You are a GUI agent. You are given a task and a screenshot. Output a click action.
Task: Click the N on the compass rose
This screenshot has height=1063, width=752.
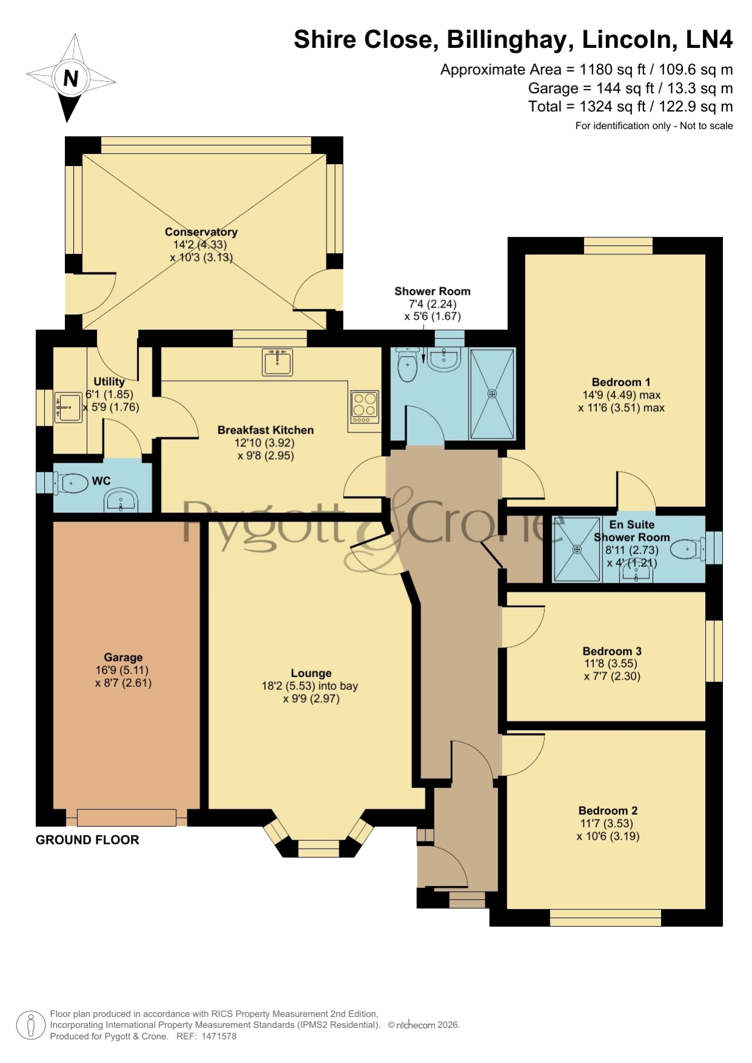coord(71,79)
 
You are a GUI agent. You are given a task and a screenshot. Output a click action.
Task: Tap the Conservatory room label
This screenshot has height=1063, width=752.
coord(201,232)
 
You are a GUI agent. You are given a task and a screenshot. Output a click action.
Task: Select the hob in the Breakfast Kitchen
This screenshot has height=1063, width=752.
coord(365,406)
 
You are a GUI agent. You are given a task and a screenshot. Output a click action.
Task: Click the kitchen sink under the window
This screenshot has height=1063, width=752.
coord(278,362)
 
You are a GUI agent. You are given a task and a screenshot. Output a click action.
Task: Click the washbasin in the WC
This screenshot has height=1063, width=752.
coord(122,500)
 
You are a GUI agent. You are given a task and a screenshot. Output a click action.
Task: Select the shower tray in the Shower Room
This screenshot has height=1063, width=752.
coord(492,394)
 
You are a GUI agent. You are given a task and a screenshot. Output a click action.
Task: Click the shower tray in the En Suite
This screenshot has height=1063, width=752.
coord(577,549)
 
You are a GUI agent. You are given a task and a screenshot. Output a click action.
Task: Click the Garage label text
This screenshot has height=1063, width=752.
coord(124,657)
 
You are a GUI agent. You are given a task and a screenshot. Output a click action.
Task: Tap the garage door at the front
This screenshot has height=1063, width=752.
coord(127,818)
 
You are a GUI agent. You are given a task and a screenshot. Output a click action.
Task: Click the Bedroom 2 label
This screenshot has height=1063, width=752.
coord(608,810)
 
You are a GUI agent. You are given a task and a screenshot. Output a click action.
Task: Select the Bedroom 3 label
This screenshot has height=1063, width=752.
coord(612,651)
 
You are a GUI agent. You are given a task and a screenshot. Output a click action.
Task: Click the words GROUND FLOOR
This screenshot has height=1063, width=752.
coord(87,839)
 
